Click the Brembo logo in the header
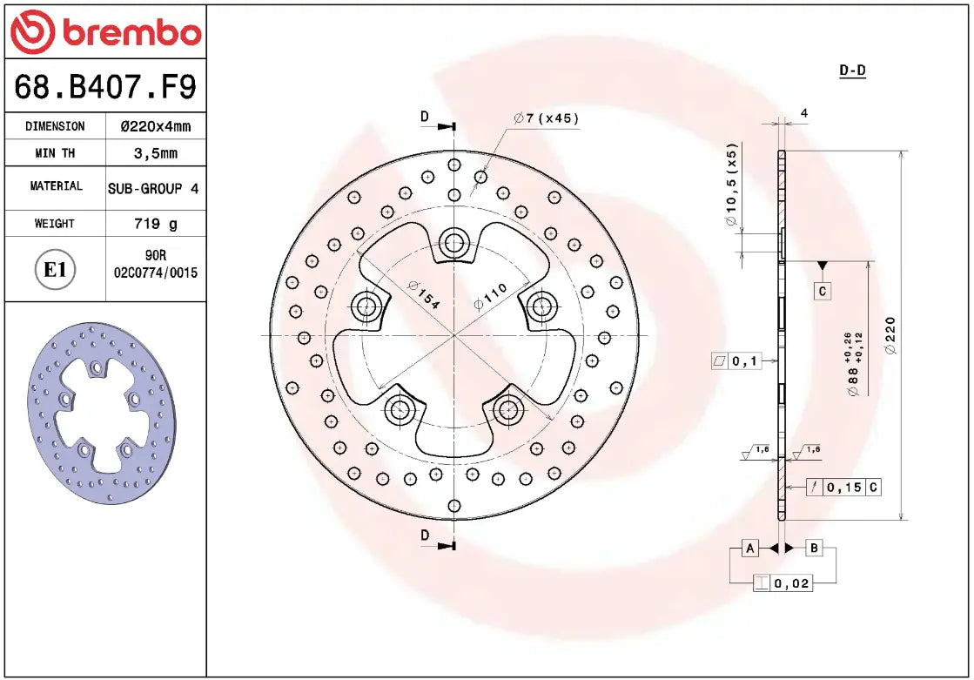(105, 32)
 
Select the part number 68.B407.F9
(105, 86)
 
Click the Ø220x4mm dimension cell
(155, 126)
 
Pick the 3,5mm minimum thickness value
(155, 153)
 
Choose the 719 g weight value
(155, 224)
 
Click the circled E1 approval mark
(55, 270)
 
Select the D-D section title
(852, 71)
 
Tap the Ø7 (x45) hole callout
(547, 118)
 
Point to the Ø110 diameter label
(489, 296)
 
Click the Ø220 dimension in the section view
(889, 335)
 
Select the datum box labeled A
(749, 548)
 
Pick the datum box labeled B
(814, 548)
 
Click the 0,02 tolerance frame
(783, 583)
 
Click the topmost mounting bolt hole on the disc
(453, 241)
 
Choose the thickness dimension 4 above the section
(804, 113)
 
